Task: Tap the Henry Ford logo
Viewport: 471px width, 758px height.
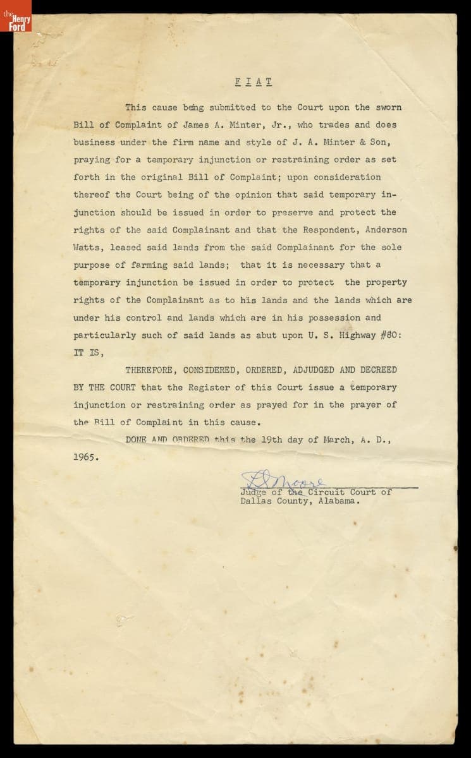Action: click(15, 16)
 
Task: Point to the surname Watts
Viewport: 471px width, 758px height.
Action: click(87, 248)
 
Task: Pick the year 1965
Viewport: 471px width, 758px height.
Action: click(86, 457)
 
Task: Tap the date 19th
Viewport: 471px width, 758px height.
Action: click(276, 440)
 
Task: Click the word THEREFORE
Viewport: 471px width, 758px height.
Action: click(151, 370)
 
